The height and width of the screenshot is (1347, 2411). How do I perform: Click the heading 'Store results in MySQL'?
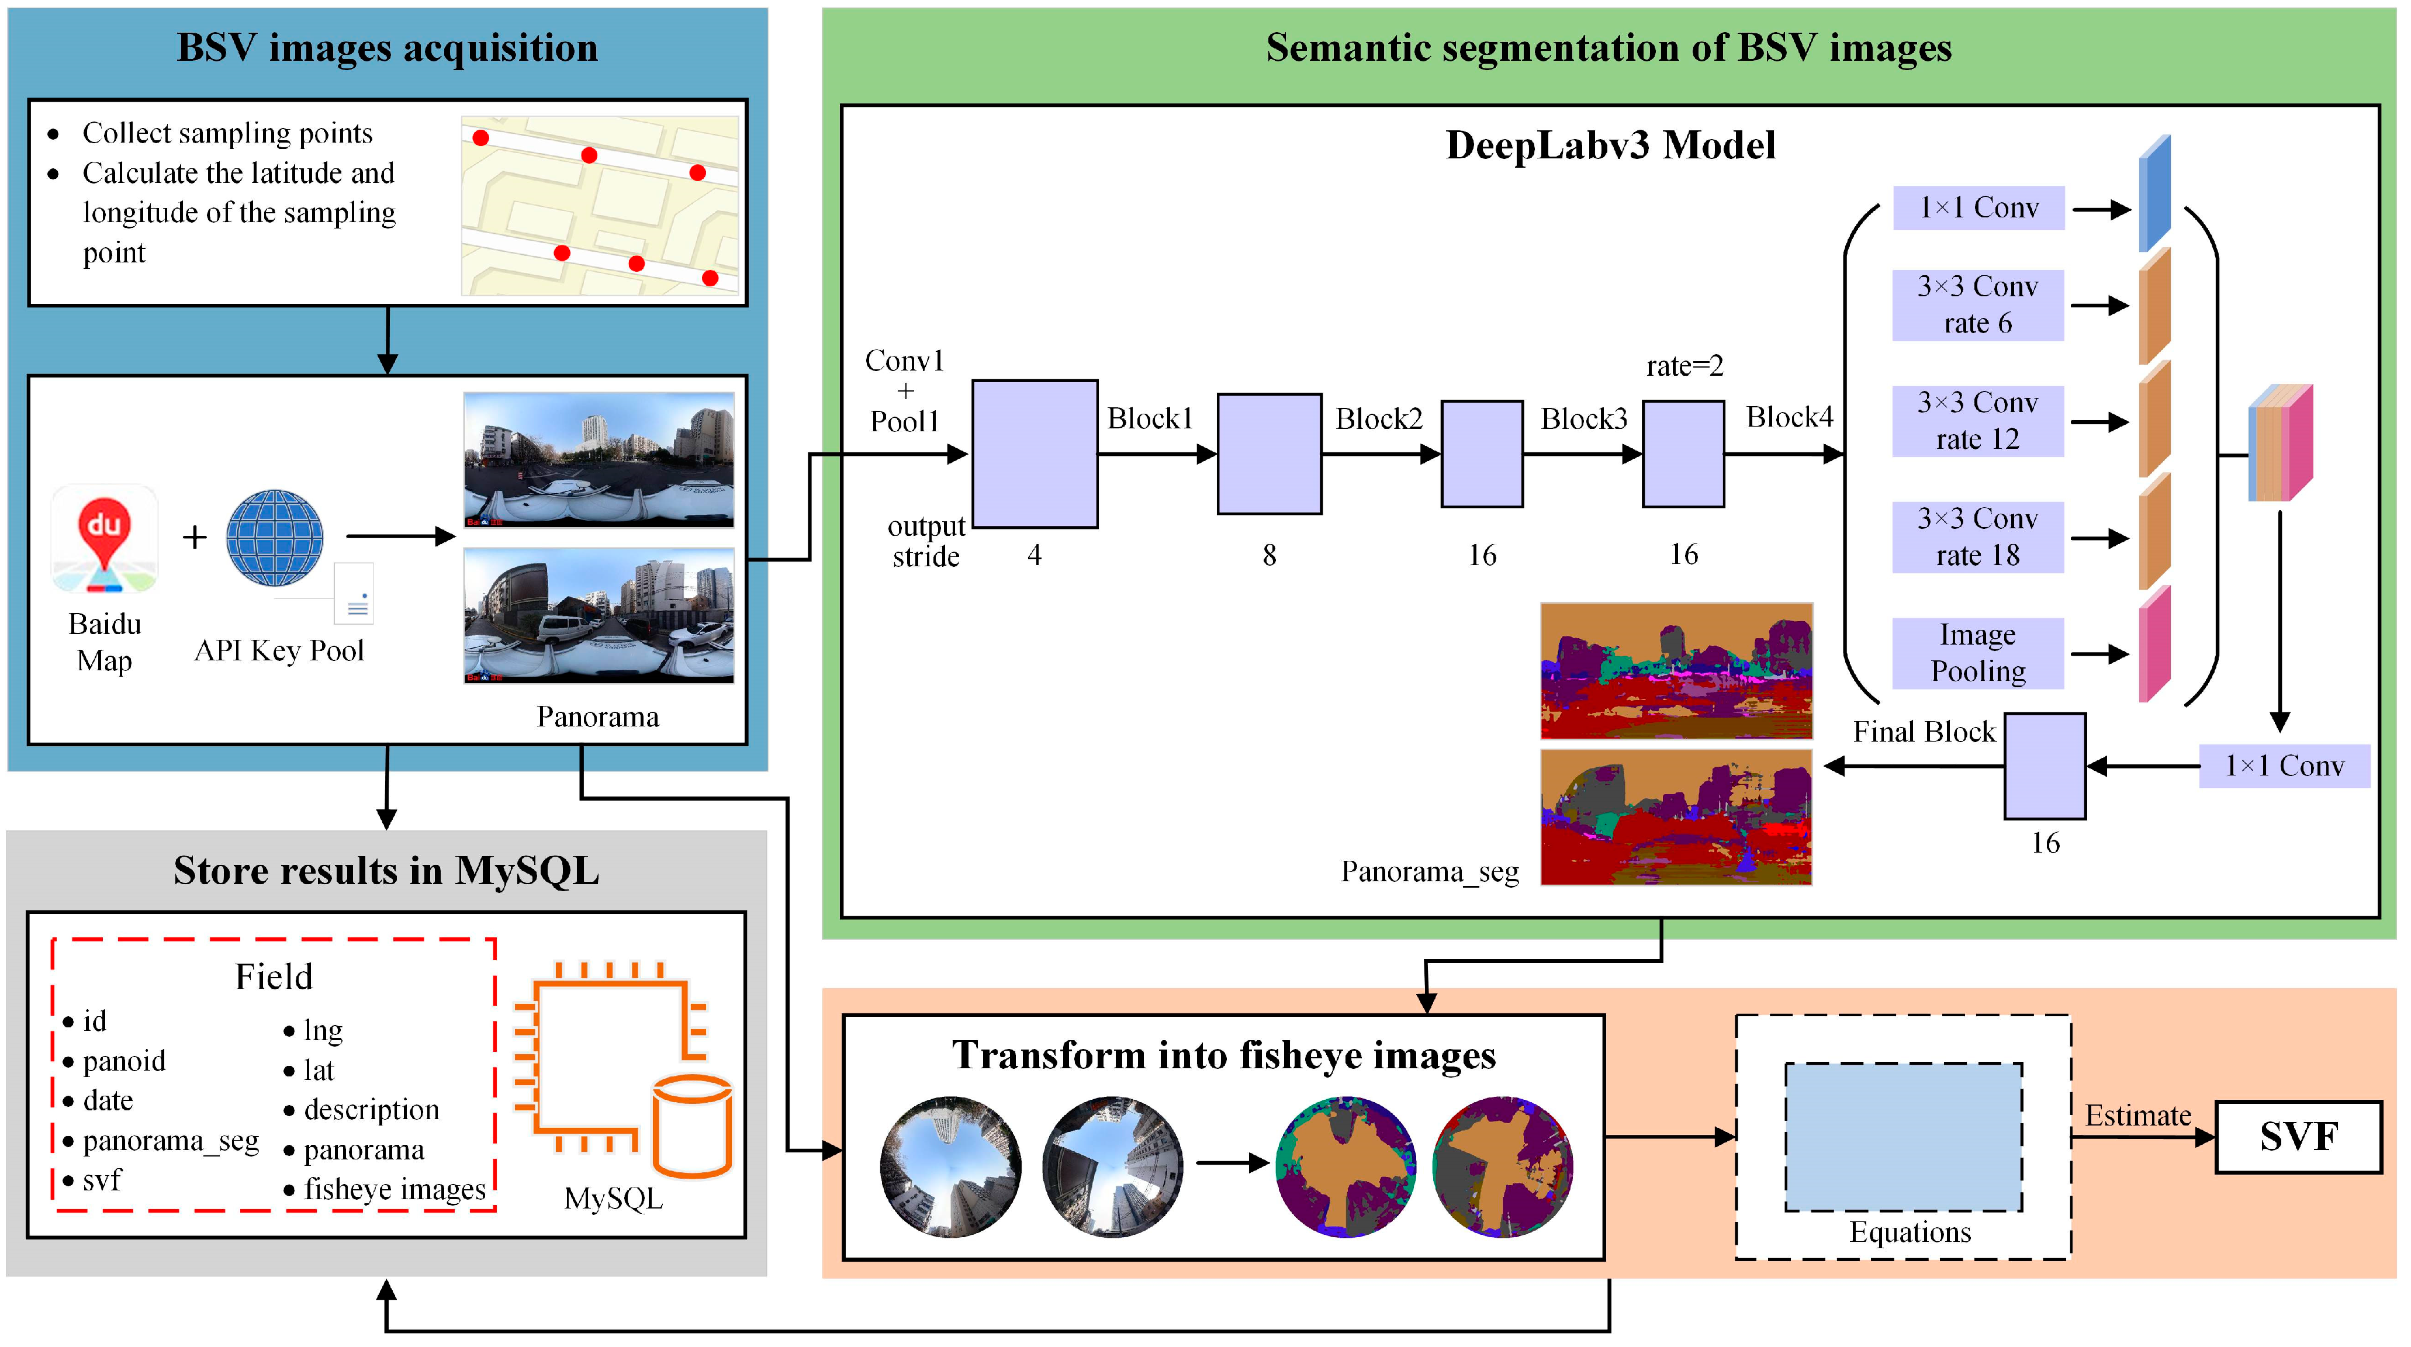click(386, 871)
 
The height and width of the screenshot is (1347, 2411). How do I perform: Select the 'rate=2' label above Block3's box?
click(1684, 366)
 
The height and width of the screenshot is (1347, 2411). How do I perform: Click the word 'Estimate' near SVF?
click(2137, 1116)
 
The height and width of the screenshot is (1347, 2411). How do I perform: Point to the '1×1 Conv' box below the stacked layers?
click(2284, 766)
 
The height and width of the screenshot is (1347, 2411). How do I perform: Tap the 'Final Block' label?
click(1924, 732)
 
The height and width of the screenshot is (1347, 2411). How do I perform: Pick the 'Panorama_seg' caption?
click(1429, 871)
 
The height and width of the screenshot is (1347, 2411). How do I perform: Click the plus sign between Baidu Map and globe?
click(195, 537)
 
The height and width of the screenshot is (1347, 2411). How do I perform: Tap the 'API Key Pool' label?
click(279, 650)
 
